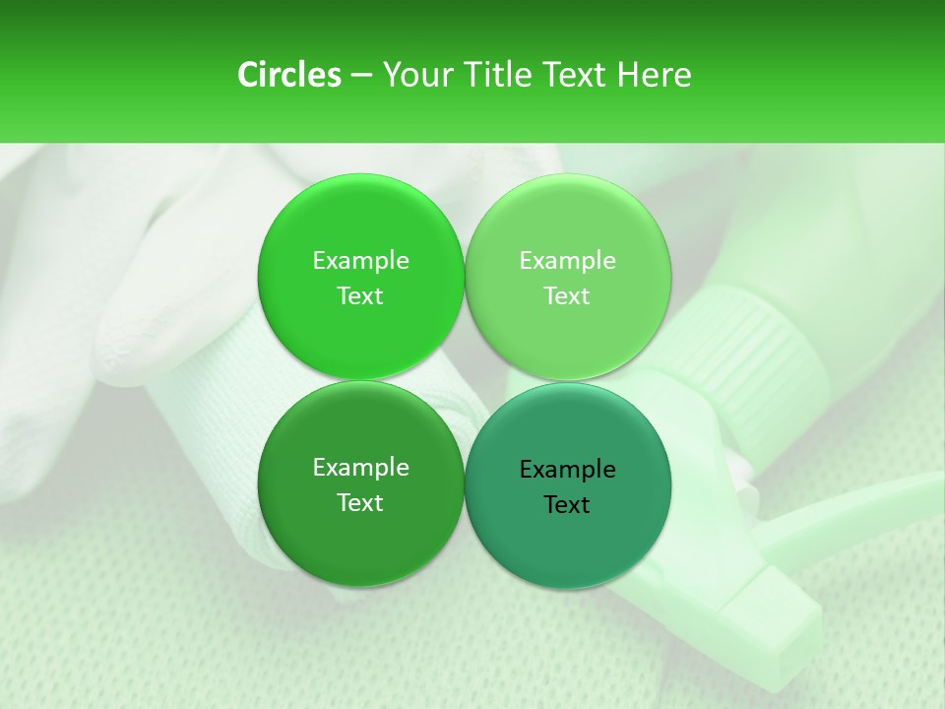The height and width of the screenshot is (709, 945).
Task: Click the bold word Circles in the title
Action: pos(288,75)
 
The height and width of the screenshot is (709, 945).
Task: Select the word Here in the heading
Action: pos(654,75)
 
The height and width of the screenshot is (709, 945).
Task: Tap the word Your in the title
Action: pos(418,75)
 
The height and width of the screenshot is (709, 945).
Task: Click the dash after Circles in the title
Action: pos(361,76)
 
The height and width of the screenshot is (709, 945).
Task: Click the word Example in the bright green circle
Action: pos(360,260)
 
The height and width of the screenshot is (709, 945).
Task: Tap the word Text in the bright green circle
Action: pos(360,295)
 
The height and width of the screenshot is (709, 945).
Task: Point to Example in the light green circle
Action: pos(568,260)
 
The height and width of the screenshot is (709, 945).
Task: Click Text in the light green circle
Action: pos(568,295)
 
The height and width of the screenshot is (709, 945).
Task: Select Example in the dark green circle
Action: pos(360,467)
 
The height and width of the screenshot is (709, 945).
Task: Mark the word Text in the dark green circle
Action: pos(360,502)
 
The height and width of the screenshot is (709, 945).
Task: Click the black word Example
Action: pos(568,469)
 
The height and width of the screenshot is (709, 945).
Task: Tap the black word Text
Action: pos(568,504)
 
